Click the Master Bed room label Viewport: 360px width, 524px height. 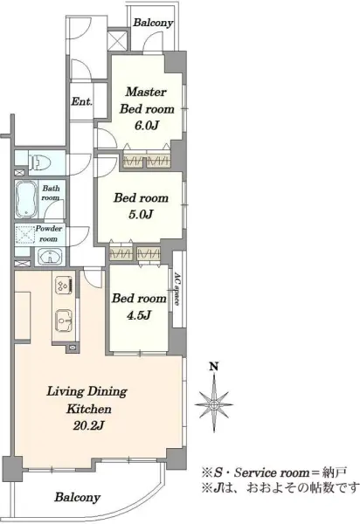(147, 100)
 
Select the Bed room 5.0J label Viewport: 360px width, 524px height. (141, 206)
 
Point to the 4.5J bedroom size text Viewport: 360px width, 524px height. (139, 314)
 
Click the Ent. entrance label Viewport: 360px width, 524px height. (82, 101)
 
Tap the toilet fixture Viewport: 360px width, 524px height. (39, 163)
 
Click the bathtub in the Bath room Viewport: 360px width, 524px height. (25, 199)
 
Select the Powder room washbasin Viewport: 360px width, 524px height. (50, 257)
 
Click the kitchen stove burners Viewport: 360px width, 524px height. (63, 286)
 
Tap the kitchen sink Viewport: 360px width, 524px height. (64, 320)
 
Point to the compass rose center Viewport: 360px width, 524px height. (214, 405)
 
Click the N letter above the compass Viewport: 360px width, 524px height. (214, 367)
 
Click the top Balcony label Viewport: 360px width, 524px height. (153, 23)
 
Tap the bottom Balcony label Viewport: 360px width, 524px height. (78, 497)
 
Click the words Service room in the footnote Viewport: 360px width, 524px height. (272, 472)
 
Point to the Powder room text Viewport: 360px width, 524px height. (49, 233)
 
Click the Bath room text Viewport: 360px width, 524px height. (51, 193)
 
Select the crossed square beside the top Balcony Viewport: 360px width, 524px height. (118, 40)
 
